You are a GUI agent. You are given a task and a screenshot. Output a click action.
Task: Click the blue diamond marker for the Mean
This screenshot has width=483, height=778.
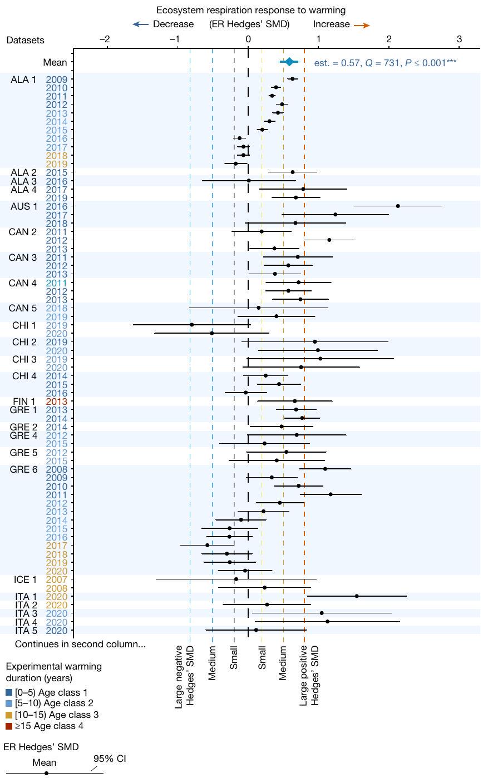tap(289, 62)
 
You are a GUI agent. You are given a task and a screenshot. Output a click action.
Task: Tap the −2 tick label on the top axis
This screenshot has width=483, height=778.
tap(104, 39)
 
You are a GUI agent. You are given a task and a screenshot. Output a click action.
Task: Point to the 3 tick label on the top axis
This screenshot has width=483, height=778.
tap(459, 39)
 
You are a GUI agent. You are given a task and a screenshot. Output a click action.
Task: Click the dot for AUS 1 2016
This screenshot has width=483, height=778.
tap(398, 206)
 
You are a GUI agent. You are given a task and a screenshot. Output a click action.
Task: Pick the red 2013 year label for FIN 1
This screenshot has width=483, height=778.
tap(56, 402)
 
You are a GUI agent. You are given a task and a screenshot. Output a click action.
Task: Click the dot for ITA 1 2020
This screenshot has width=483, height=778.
tap(357, 596)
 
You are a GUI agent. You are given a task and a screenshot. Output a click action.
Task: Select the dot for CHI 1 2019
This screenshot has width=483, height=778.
tap(192, 325)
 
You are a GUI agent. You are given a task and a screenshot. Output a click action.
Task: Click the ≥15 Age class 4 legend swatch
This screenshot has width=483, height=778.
tap(9, 726)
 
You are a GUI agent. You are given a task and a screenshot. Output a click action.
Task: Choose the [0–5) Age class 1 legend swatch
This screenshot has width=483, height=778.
tap(9, 692)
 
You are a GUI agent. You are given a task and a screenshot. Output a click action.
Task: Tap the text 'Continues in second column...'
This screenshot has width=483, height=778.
tap(80, 644)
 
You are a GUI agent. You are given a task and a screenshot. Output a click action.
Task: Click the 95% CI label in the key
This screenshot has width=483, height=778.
tap(110, 758)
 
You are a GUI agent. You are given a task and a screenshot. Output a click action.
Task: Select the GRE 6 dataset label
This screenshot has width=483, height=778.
tap(24, 469)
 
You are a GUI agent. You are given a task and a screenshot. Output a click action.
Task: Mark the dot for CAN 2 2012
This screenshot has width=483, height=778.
tap(329, 240)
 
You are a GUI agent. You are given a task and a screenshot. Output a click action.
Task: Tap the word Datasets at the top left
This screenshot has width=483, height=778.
tap(26, 40)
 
